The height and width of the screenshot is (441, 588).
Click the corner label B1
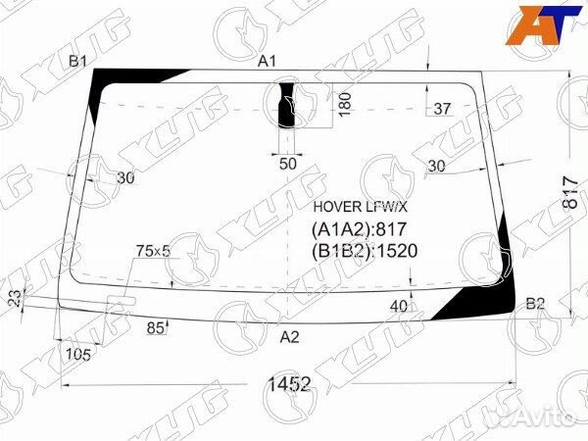click(x=78, y=61)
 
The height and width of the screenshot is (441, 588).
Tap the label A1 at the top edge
click(x=267, y=61)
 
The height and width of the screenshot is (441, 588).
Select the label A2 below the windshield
click(x=289, y=337)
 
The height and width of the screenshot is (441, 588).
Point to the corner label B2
click(x=535, y=304)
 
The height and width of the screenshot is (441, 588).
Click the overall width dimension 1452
click(x=289, y=384)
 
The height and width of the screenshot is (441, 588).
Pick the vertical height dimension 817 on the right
click(x=570, y=192)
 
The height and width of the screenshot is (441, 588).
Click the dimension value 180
click(x=345, y=105)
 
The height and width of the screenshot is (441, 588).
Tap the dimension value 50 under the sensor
click(x=288, y=164)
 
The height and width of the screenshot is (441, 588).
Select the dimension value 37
click(x=442, y=109)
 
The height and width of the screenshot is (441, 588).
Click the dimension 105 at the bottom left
click(x=78, y=354)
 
